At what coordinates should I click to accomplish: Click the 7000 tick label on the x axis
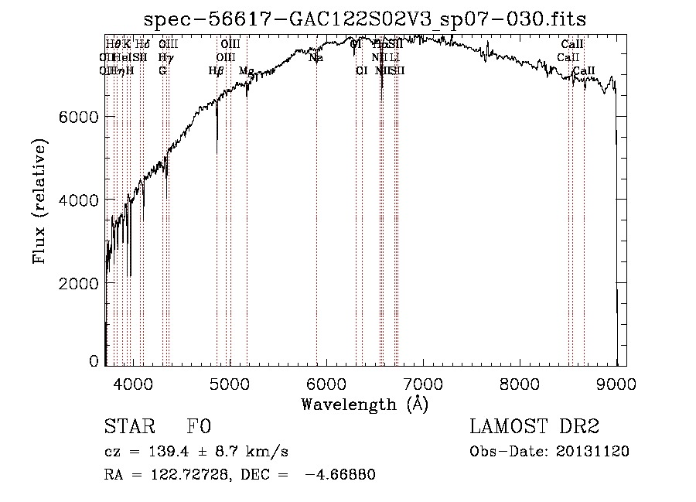(x=422, y=383)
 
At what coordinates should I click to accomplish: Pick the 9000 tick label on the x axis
(x=616, y=383)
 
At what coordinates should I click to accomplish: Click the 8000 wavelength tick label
(x=520, y=383)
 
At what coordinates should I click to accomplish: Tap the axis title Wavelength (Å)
(x=364, y=403)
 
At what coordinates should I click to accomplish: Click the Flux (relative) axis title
(x=39, y=201)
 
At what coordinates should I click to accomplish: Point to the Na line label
(x=316, y=58)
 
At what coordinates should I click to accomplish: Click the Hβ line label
(x=216, y=70)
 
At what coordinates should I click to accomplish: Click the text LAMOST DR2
(x=534, y=427)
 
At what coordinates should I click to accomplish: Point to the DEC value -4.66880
(x=340, y=474)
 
